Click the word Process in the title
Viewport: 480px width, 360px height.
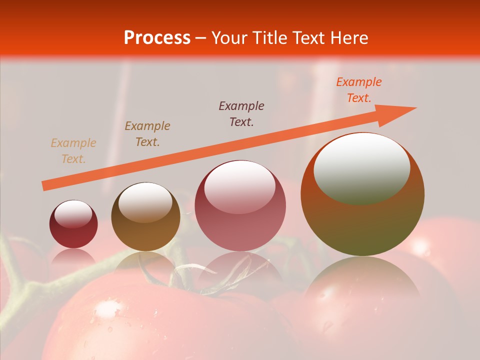(x=157, y=38)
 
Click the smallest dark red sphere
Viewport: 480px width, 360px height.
(x=73, y=224)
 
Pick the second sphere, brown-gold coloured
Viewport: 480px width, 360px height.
(x=145, y=217)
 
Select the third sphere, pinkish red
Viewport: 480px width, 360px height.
(x=240, y=205)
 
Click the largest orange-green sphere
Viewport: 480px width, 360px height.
(x=362, y=195)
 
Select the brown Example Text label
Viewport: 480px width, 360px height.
(x=147, y=134)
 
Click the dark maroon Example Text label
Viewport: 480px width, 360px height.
(x=241, y=114)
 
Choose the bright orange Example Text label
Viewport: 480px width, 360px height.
(x=358, y=90)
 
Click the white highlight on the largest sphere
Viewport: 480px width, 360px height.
(x=361, y=167)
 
